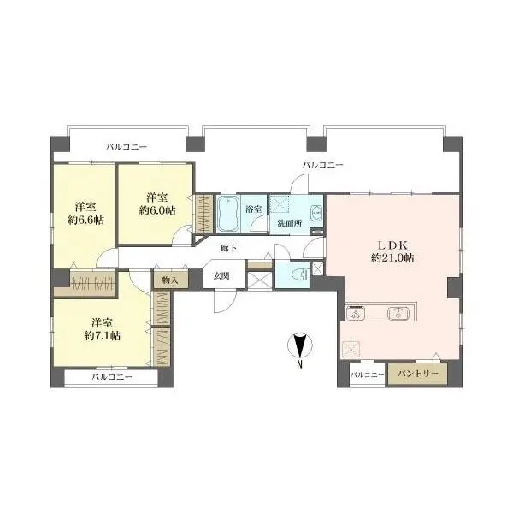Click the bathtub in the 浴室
228,214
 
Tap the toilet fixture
301,274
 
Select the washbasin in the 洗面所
316,214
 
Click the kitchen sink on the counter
398,314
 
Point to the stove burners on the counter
356,314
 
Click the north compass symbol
300,345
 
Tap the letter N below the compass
299,364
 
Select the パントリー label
417,374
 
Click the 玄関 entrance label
221,276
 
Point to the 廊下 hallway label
228,248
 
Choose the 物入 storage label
170,280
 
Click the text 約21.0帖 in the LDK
392,258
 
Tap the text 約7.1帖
103,336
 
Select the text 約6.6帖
85,221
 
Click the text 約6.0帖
157,210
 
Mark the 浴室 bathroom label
254,209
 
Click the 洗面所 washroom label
290,223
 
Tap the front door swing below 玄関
226,303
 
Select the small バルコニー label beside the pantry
367,374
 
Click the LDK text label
392,245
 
